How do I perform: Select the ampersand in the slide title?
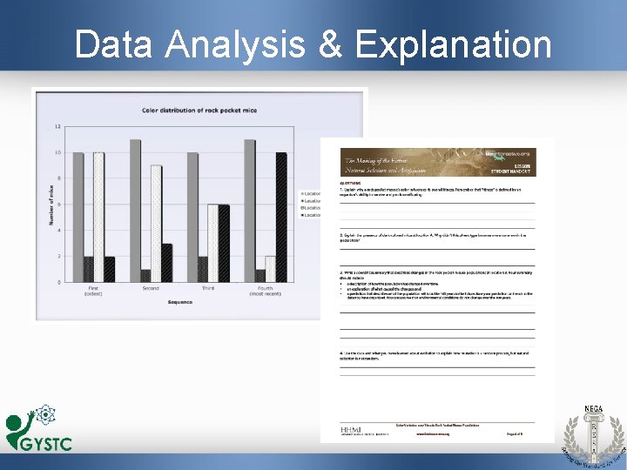tap(332, 44)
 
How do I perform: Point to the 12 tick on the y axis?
tap(57, 127)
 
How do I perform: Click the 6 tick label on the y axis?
tap(58, 205)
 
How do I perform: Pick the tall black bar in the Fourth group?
tap(281, 217)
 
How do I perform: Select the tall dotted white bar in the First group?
tap(98, 217)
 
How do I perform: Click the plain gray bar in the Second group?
tap(135, 211)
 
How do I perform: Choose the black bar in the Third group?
tap(224, 243)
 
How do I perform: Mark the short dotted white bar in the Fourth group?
tap(271, 269)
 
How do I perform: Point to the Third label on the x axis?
tap(206, 288)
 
